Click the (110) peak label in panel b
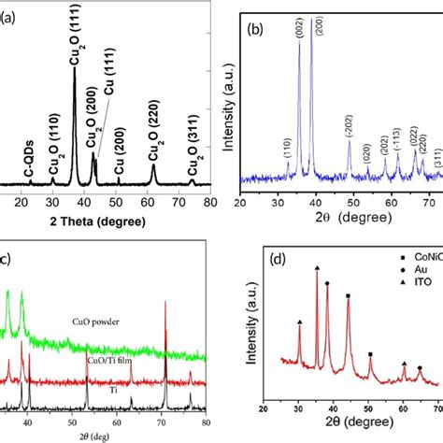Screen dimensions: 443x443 [x=287, y=150]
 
